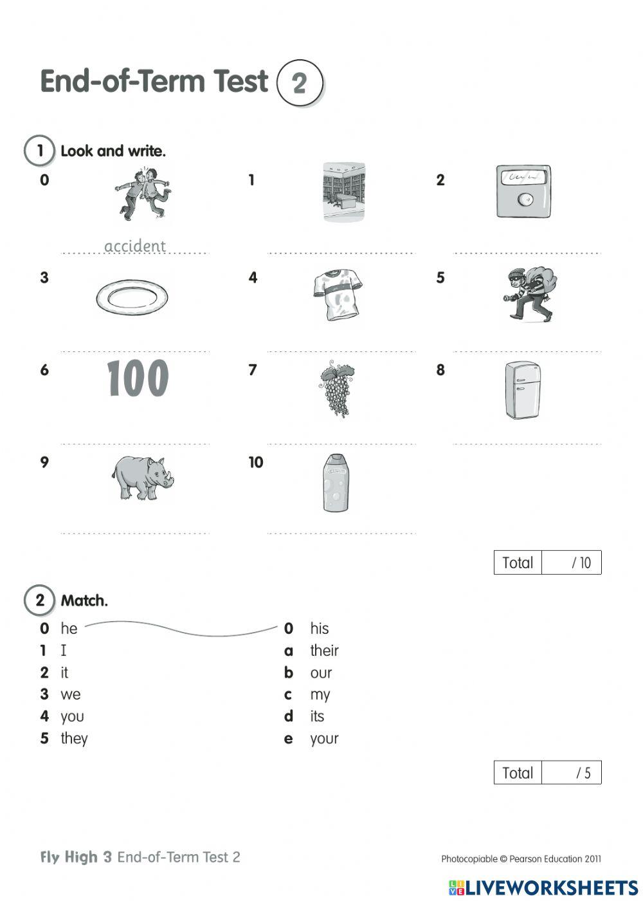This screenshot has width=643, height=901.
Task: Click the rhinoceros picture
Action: pos(143,478)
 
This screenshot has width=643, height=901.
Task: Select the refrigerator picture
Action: pos(522,390)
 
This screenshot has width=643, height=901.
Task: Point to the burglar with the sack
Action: pos(530,294)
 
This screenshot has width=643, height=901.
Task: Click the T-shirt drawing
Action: pos(336,294)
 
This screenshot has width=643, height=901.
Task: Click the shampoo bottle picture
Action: pos(336,483)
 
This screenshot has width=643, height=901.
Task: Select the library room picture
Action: pos(344,192)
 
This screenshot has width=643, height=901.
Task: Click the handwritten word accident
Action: pos(135,246)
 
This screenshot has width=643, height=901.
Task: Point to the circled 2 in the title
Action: pos(299,83)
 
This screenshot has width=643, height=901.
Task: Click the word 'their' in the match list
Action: pos(324,651)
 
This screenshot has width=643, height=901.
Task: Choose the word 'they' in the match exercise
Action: pos(74,738)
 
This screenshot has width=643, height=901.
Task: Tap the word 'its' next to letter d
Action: pos(317,716)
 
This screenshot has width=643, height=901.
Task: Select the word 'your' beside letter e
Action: pos(324,739)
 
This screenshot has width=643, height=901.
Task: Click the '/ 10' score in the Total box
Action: pos(581,563)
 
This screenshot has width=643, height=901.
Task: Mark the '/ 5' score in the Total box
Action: pos(583,773)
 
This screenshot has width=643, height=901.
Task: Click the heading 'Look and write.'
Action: pos(113,151)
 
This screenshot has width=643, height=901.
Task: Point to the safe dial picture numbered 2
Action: pos(523,192)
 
